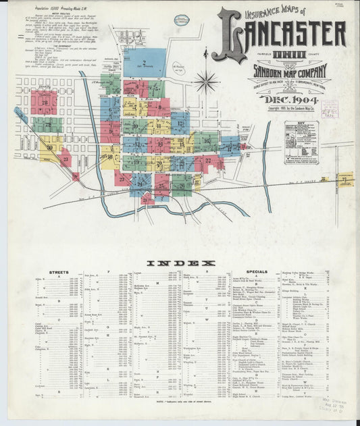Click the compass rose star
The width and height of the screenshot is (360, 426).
point(206,82)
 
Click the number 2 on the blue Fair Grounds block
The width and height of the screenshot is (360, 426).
point(144,62)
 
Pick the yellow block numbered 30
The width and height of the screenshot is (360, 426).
point(50,147)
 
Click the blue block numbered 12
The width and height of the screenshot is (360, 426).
point(180,123)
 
